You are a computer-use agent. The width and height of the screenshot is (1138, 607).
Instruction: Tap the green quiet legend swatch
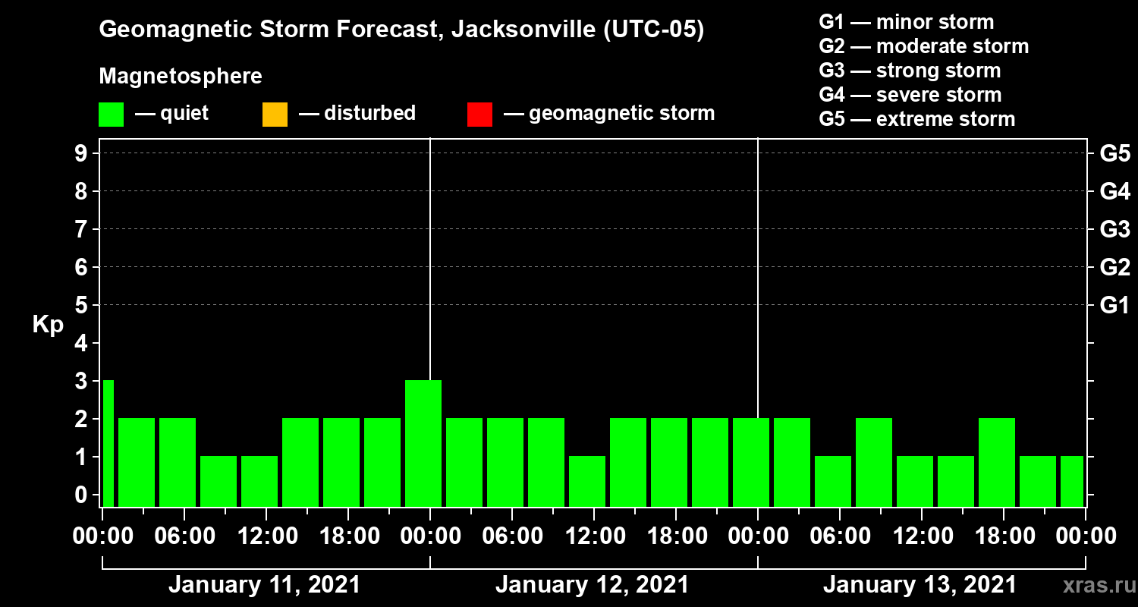point(111,114)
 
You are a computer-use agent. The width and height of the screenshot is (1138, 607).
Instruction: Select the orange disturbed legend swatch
point(275,114)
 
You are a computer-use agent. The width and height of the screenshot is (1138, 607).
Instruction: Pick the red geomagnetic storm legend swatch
point(479,114)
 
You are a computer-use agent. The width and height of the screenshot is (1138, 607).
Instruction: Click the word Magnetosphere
point(180,77)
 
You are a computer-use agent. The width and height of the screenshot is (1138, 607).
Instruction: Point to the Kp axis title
point(48,324)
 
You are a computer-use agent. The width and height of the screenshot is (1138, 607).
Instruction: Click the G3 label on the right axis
point(1114,229)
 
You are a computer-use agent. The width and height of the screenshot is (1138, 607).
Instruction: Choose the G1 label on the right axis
point(1114,306)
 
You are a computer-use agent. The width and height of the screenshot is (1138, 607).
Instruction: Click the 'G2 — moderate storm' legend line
point(923,46)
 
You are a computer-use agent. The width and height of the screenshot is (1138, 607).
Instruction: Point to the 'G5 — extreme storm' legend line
point(916,119)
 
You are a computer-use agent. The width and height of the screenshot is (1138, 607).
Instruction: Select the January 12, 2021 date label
point(592,585)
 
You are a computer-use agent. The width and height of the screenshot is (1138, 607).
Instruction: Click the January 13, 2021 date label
point(920,585)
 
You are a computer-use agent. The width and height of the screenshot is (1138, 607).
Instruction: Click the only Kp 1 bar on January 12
point(587,481)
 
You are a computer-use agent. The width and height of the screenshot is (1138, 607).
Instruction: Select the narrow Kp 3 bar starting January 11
point(108,443)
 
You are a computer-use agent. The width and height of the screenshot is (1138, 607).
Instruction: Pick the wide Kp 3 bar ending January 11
point(423,443)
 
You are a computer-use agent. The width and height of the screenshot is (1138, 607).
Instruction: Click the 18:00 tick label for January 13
point(1003,536)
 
